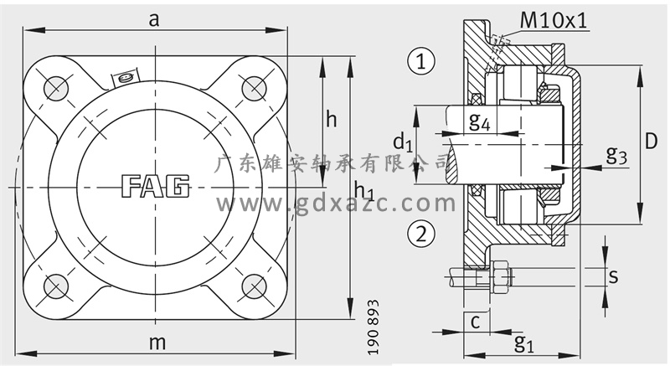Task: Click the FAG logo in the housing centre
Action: click(x=156, y=186)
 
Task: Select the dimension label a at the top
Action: click(x=154, y=19)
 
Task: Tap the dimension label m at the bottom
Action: click(x=157, y=343)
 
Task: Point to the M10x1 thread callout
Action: click(x=554, y=20)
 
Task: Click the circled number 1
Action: click(x=421, y=60)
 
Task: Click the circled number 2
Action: click(x=421, y=234)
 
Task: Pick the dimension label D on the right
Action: click(x=651, y=141)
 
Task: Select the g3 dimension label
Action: click(x=616, y=154)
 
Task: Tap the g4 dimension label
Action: click(x=479, y=121)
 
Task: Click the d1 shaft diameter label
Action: click(x=403, y=142)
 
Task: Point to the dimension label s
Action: click(x=613, y=276)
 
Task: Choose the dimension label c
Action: click(x=475, y=322)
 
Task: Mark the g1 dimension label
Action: click(x=524, y=343)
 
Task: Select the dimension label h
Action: click(x=331, y=120)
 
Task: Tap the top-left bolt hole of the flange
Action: click(x=56, y=89)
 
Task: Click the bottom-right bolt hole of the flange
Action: click(x=255, y=286)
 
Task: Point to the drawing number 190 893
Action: click(x=373, y=327)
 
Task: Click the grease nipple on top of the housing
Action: click(x=126, y=78)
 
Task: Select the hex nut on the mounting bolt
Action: click(x=500, y=276)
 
